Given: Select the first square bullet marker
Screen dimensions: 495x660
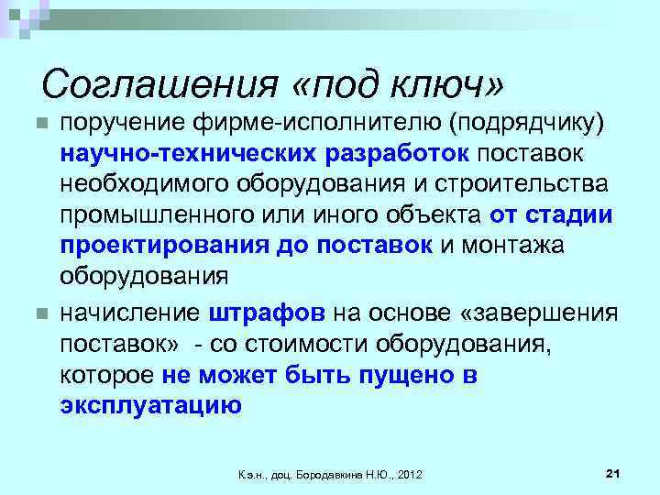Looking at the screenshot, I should click(x=38, y=124).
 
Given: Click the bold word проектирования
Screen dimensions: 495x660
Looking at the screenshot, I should click(x=160, y=247).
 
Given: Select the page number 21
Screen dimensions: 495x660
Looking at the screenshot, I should click(x=614, y=473).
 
